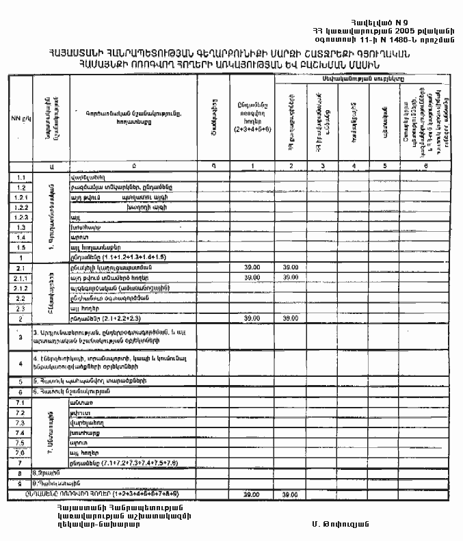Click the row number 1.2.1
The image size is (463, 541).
click(21, 197)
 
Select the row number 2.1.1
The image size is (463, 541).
click(21, 278)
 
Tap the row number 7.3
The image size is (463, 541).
click(21, 424)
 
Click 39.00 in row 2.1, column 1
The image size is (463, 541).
click(252, 268)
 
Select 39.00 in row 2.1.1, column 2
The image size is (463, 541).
click(291, 278)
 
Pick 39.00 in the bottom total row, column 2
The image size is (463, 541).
click(291, 494)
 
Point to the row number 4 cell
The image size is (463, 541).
click(21, 362)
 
